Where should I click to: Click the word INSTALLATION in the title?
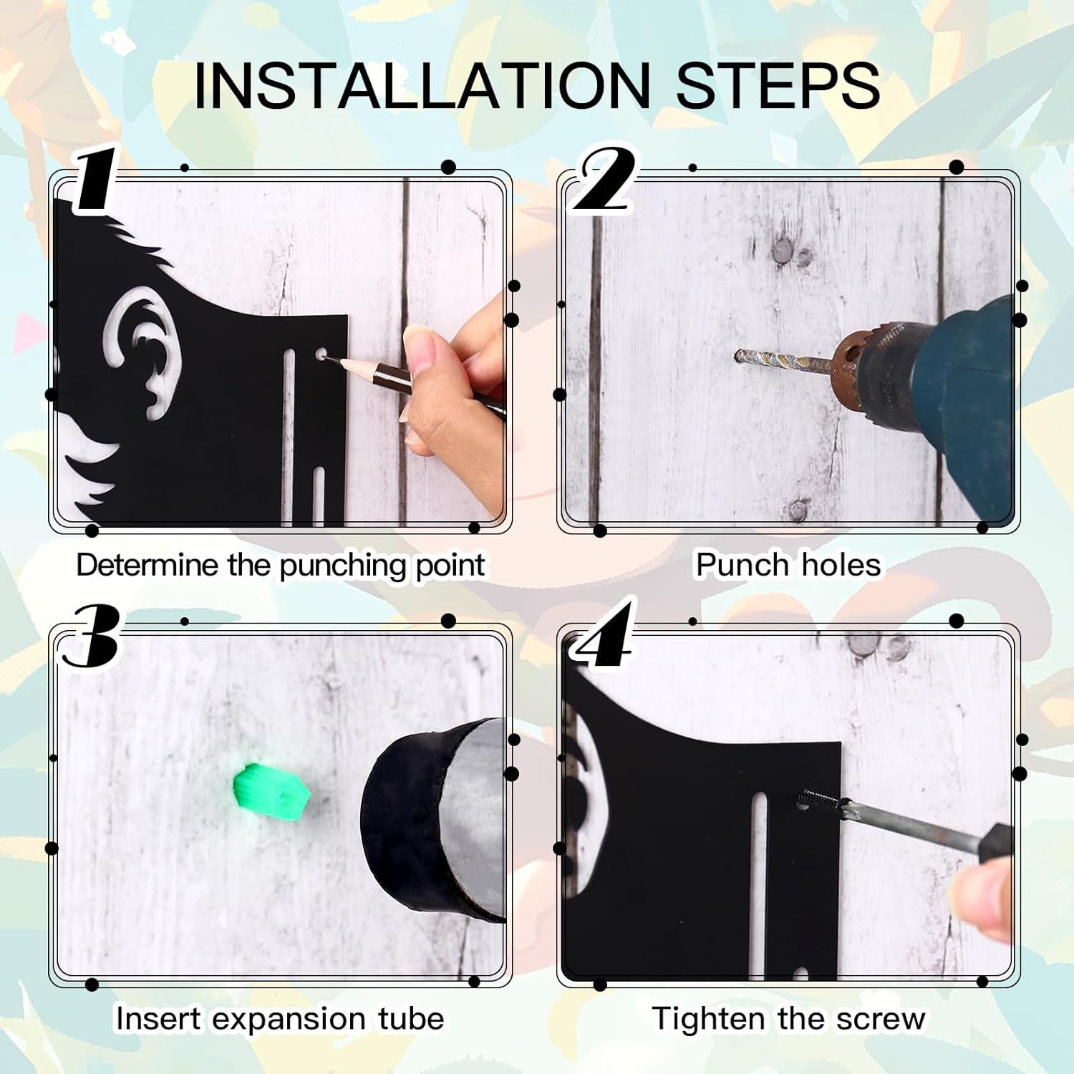422,85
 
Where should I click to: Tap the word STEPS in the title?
778,85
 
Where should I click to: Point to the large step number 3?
90,634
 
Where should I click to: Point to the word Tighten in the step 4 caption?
708,1019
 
